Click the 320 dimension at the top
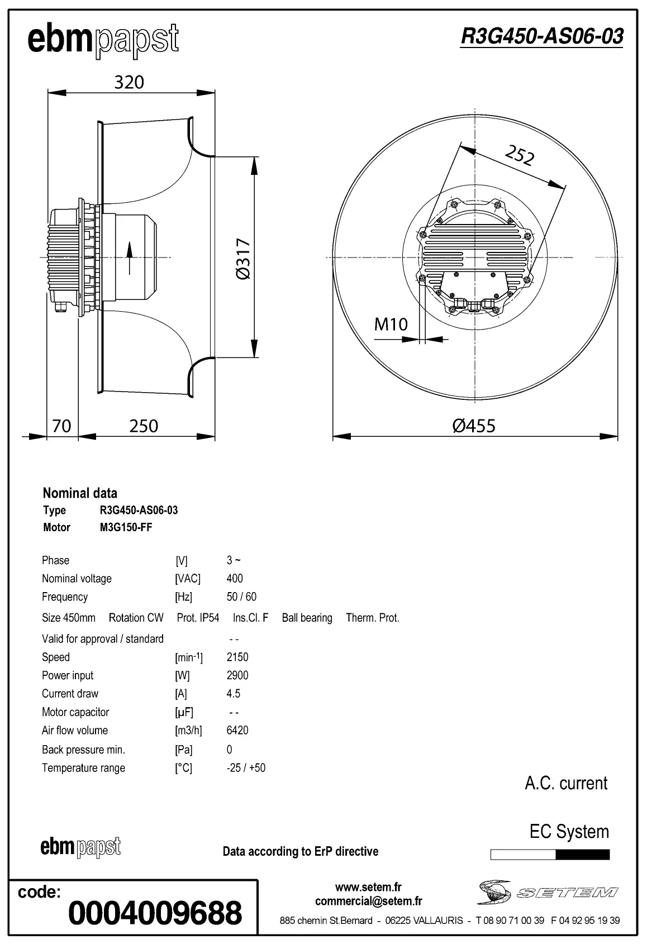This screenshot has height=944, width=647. point(129,82)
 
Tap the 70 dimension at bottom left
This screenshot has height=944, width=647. point(61,426)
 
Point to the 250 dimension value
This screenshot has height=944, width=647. point(144,426)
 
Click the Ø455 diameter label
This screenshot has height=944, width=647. point(474,426)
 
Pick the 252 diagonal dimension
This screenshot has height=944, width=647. point(520,155)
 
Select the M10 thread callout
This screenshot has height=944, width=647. point(391,324)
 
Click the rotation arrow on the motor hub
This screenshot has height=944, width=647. point(130,258)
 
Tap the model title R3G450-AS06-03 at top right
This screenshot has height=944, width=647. point(541,36)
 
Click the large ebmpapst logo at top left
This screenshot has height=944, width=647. point(103,40)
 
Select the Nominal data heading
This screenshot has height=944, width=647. point(80,493)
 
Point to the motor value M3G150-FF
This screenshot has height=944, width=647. point(126,527)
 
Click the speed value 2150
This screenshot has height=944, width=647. point(237,657)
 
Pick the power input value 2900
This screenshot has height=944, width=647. point(237,675)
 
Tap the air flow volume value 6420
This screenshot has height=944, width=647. point(237,730)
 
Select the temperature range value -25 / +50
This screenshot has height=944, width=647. point(246,767)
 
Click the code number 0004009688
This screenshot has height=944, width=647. point(155,913)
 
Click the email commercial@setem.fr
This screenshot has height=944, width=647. point(368,901)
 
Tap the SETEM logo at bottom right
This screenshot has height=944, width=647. point(548,893)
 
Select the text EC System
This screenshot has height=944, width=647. point(569,831)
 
